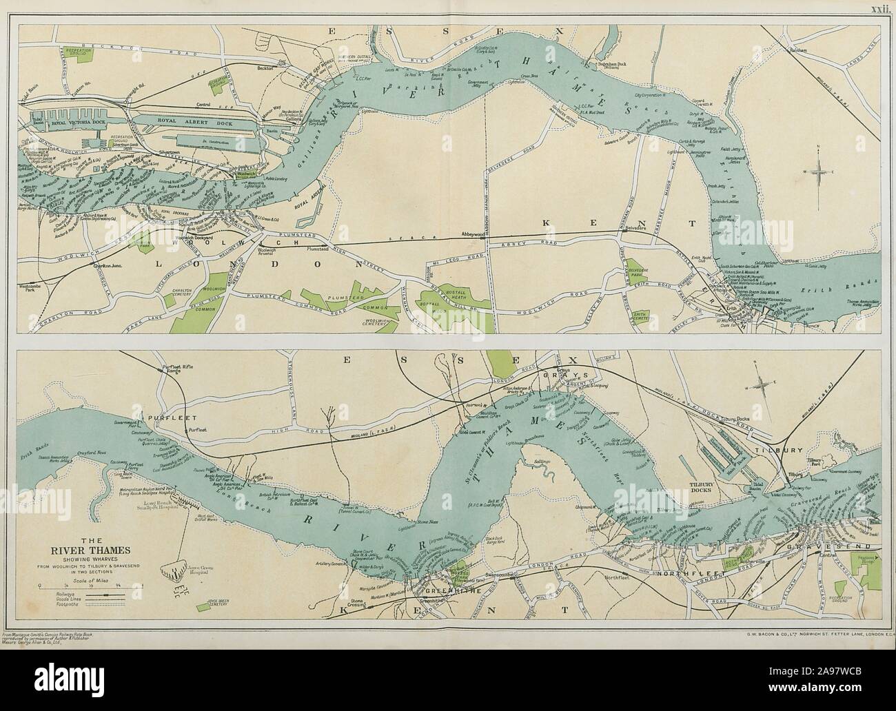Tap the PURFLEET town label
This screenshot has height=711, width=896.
click(163, 418)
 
